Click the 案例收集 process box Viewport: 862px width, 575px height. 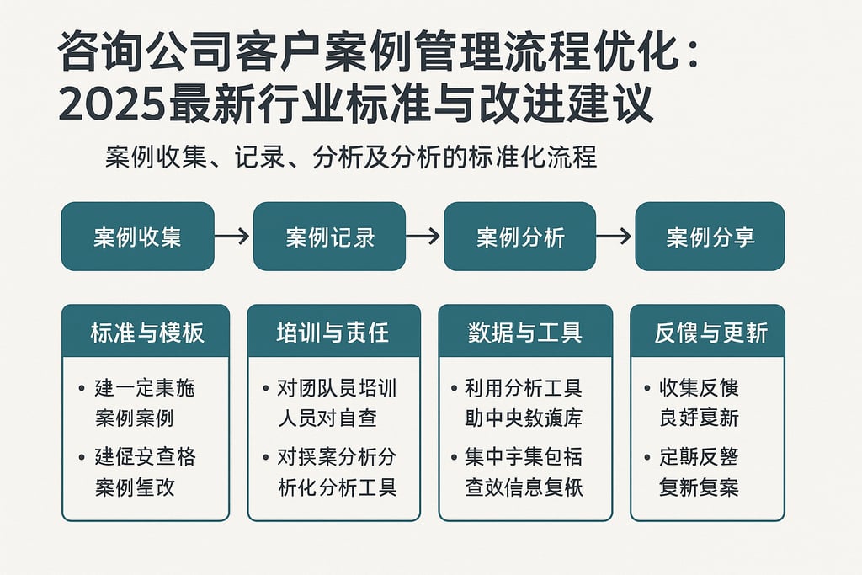click(137, 237)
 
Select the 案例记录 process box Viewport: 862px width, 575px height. click(329, 237)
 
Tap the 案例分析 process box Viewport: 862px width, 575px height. click(519, 237)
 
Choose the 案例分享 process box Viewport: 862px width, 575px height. click(710, 237)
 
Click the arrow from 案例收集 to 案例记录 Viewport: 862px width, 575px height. click(232, 237)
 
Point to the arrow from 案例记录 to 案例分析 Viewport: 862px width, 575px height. click(423, 237)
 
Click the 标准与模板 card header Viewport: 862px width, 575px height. click(146, 333)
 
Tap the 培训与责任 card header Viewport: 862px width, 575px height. click(333, 333)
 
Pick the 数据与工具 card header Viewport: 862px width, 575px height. click(524, 333)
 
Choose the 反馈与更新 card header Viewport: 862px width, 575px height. click(707, 333)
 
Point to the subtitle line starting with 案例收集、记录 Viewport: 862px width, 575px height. click(351, 157)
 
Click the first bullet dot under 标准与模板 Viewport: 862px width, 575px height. click(81, 389)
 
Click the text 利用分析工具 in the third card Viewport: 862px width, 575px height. click(524, 389)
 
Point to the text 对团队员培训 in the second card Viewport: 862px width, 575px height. click(337, 389)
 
